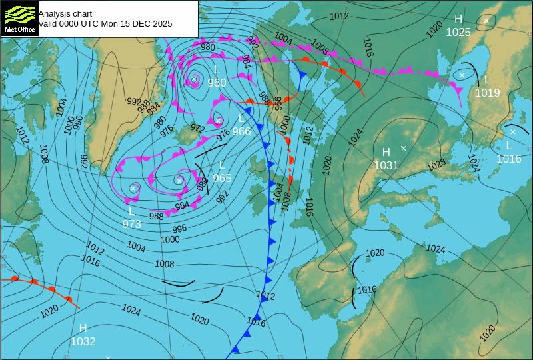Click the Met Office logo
[x=19, y=19]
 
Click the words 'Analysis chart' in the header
[x=65, y=13]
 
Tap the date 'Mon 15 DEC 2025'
[x=136, y=23]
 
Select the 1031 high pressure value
[x=386, y=165]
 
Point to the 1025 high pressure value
[x=458, y=32]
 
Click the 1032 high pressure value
[x=83, y=341]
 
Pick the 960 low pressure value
[x=217, y=83]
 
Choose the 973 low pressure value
[x=132, y=224]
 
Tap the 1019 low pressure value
[x=487, y=93]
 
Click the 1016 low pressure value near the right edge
[x=509, y=159]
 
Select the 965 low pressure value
[x=222, y=178]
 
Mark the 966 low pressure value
[x=241, y=131]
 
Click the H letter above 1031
[x=386, y=153]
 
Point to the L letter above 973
[x=132, y=211]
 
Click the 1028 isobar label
[x=436, y=163]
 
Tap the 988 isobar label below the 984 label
[x=157, y=216]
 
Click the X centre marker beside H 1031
[x=403, y=148]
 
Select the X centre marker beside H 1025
[x=486, y=21]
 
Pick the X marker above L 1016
[x=513, y=132]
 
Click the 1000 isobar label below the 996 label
[x=170, y=239]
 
